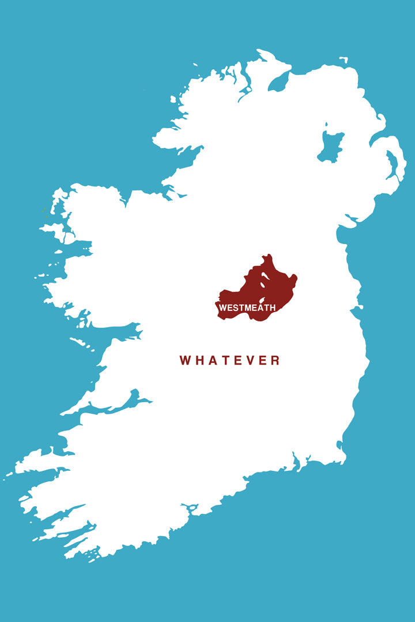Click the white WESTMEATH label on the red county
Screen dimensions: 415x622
(247, 308)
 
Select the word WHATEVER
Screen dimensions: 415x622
(229, 361)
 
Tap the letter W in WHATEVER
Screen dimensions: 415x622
(186, 361)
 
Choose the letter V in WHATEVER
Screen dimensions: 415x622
(250, 361)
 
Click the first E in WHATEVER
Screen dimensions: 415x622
(237, 361)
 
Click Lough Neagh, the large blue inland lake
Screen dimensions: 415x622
(330, 148)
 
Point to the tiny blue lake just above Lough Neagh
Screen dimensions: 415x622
(326, 124)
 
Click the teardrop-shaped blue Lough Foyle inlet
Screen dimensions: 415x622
(278, 81)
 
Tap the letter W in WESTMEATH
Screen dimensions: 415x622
(222, 308)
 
